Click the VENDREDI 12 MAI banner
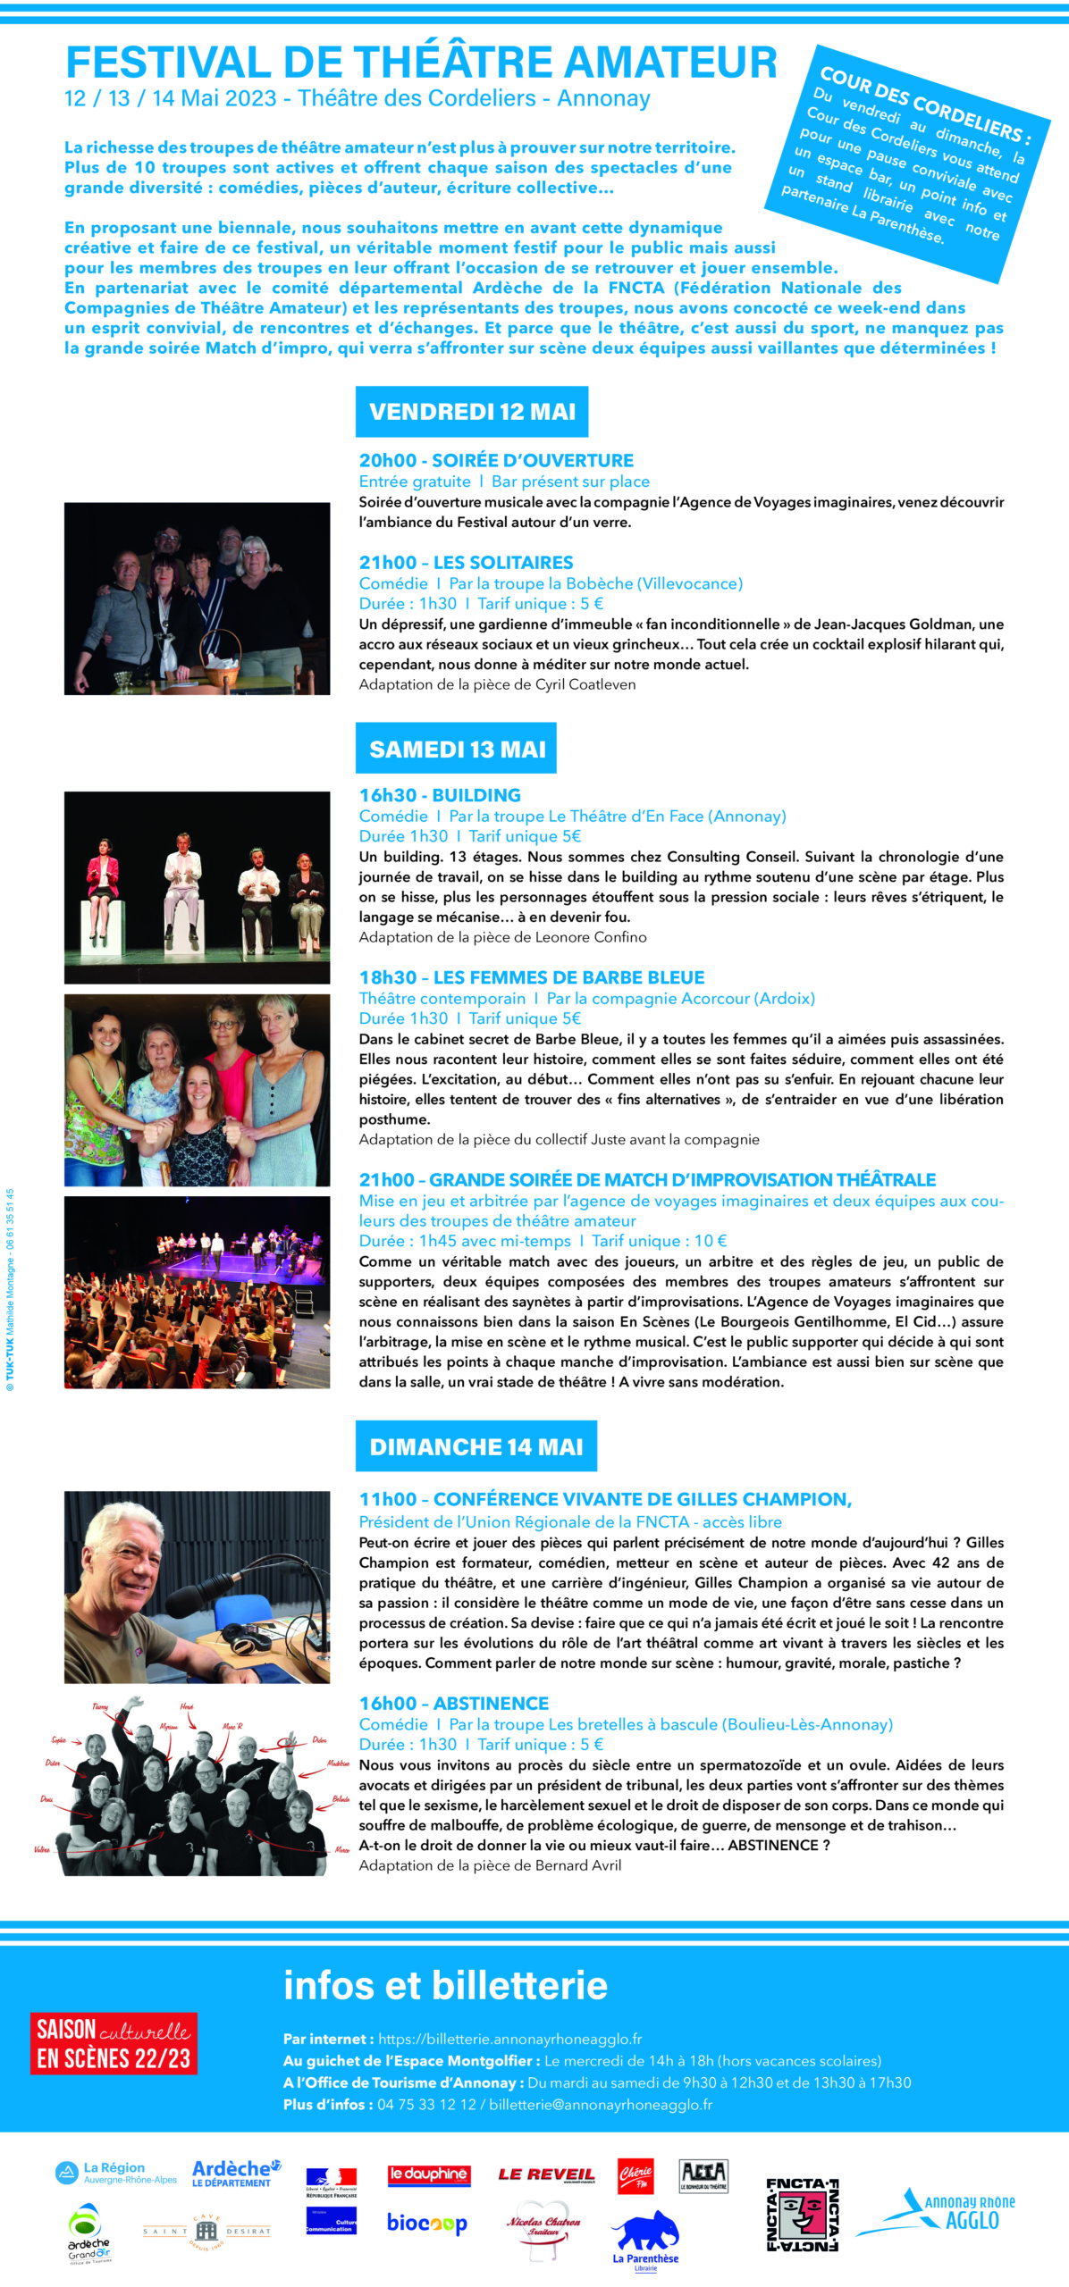[x=472, y=412]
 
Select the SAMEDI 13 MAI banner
[x=457, y=749]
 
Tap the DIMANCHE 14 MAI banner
[x=476, y=1446]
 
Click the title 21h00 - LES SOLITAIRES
[x=466, y=563]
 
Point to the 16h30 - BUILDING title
[x=440, y=795]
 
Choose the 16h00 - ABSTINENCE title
[x=453, y=1704]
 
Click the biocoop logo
[x=426, y=2223]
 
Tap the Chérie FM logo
[x=636, y=2174]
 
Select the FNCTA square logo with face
[x=802, y=2215]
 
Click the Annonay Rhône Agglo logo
[x=939, y=2214]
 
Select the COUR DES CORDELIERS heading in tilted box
[x=925, y=105]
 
